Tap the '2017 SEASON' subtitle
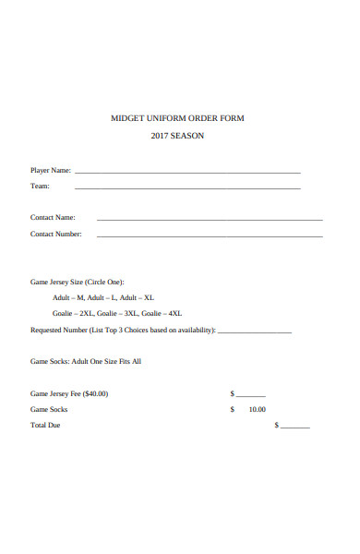click(177, 137)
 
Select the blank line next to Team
click(187, 188)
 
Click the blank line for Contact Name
click(210, 220)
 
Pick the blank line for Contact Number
click(210, 236)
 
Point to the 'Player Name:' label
click(51, 170)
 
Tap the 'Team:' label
click(40, 186)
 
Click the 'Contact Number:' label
click(56, 234)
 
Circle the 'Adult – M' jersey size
click(68, 297)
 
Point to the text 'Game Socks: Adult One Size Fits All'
click(86, 361)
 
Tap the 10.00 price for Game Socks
click(257, 409)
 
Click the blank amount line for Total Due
click(295, 428)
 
